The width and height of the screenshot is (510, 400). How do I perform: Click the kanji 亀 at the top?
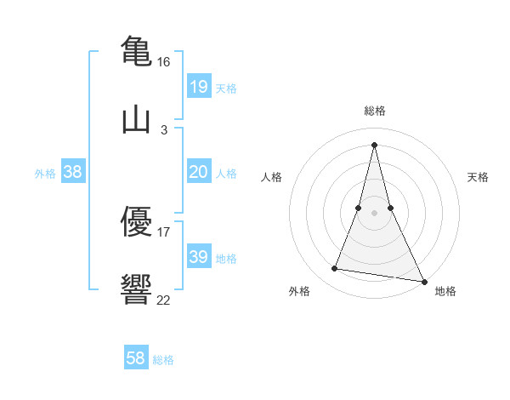tap(136, 49)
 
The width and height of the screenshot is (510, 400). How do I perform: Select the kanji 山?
tap(136, 119)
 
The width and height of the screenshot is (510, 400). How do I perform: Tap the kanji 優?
tap(136, 221)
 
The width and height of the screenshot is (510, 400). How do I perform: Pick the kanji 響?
tap(136, 289)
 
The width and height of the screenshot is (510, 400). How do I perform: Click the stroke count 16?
tap(164, 62)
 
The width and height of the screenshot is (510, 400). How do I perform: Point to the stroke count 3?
tap(164, 130)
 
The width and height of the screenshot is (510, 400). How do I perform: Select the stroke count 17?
tap(164, 231)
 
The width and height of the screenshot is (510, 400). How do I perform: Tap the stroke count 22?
tap(164, 300)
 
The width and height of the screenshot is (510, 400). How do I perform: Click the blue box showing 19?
tap(198, 87)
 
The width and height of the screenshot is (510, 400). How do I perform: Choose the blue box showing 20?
tap(198, 172)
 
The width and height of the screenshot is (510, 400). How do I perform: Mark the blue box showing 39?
tap(198, 257)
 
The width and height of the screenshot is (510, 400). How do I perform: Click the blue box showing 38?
tap(73, 172)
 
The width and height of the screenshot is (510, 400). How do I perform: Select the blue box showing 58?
tap(136, 358)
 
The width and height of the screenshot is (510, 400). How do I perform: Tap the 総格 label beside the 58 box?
tap(163, 360)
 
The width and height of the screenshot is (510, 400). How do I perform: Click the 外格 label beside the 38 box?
tap(45, 174)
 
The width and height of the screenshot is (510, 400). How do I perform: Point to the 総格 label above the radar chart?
tap(375, 111)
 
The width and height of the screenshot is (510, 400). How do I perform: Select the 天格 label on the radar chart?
tap(479, 177)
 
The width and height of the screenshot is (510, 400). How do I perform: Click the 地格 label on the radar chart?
tap(445, 291)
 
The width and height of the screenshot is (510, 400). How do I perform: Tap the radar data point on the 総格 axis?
tap(374, 145)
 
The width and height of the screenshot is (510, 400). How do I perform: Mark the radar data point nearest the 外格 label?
tap(335, 269)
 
